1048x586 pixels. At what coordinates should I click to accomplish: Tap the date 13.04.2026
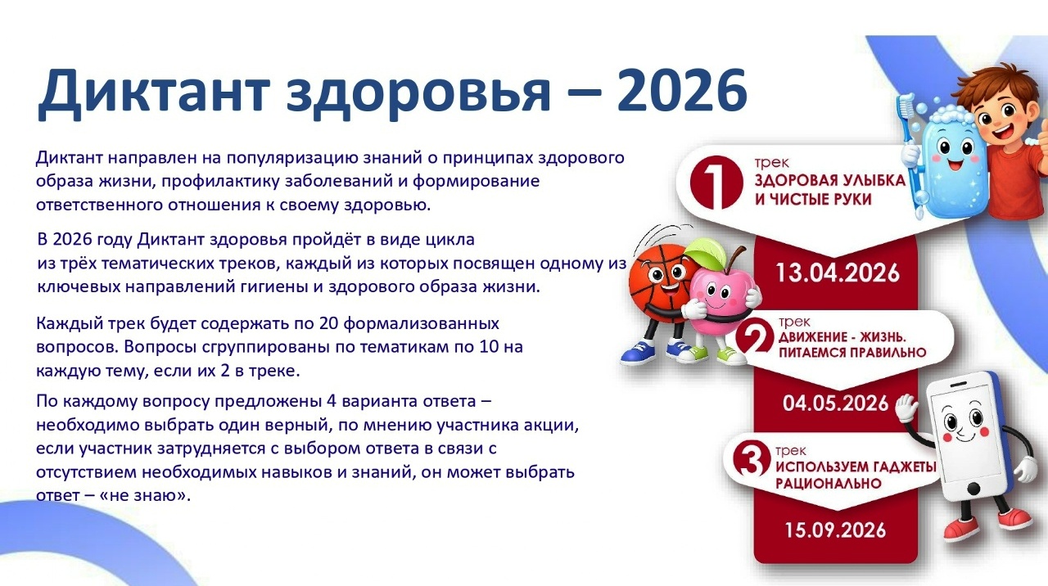click(838, 273)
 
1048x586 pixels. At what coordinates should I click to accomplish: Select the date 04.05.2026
click(836, 403)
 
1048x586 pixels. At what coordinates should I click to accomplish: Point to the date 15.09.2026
click(836, 530)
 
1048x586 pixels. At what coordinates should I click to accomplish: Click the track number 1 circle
click(716, 182)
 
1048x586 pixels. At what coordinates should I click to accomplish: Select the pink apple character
click(721, 295)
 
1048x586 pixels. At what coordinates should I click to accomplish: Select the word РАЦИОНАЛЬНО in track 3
click(829, 483)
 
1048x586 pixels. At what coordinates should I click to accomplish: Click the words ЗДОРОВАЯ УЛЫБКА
click(830, 181)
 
